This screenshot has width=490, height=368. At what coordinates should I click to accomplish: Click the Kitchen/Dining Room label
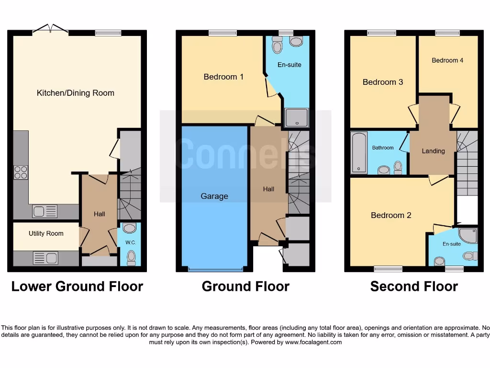[x=76, y=93]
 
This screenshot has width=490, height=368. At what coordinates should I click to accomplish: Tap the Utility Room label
[x=46, y=233]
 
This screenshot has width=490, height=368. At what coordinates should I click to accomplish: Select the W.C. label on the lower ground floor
[x=131, y=242]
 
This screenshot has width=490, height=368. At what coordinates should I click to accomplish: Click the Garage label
[x=214, y=196]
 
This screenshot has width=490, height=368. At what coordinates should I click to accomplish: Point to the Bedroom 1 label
[x=223, y=77]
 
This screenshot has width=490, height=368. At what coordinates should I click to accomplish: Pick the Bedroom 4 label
[x=447, y=60]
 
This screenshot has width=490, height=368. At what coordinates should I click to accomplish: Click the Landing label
[x=433, y=151]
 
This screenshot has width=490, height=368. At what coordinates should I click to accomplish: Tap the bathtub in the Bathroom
[x=359, y=152]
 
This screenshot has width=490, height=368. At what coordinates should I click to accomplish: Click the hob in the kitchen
[x=21, y=172]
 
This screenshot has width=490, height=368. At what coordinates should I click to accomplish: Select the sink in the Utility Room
[x=45, y=258]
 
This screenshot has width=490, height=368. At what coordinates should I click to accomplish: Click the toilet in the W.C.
[x=131, y=259]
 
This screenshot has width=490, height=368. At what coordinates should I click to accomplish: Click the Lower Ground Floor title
[x=77, y=287]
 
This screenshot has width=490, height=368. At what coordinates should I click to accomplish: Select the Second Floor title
[x=414, y=287]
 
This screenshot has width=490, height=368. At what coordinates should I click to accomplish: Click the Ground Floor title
[x=245, y=287]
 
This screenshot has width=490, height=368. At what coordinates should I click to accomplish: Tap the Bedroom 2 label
[x=391, y=215]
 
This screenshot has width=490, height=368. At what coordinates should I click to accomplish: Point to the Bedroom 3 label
[x=383, y=82]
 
